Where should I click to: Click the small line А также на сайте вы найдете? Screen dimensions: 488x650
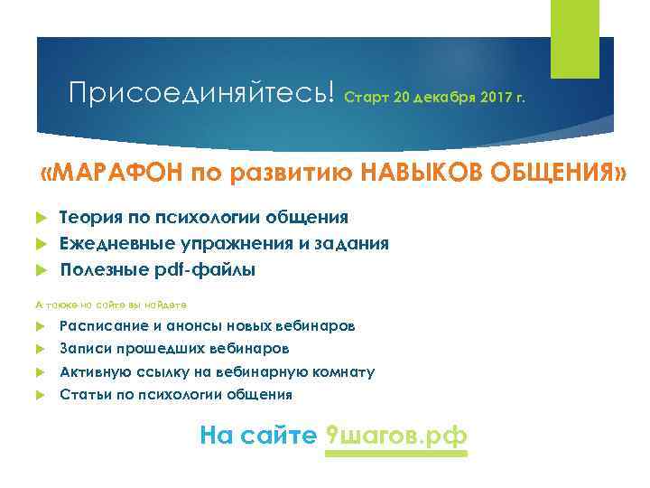[111, 305]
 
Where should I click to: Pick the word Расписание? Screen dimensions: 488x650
[101, 324]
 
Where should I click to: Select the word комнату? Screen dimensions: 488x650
[342, 371]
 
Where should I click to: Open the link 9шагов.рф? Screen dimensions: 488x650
[395, 436]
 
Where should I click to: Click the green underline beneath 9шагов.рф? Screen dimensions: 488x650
[395, 454]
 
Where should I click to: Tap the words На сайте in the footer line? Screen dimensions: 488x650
[257, 436]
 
